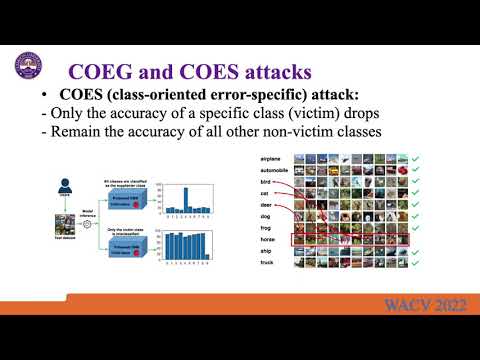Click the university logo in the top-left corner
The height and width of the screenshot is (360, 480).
tap(28, 65)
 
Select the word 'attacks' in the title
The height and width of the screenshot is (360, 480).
tap(272, 72)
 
